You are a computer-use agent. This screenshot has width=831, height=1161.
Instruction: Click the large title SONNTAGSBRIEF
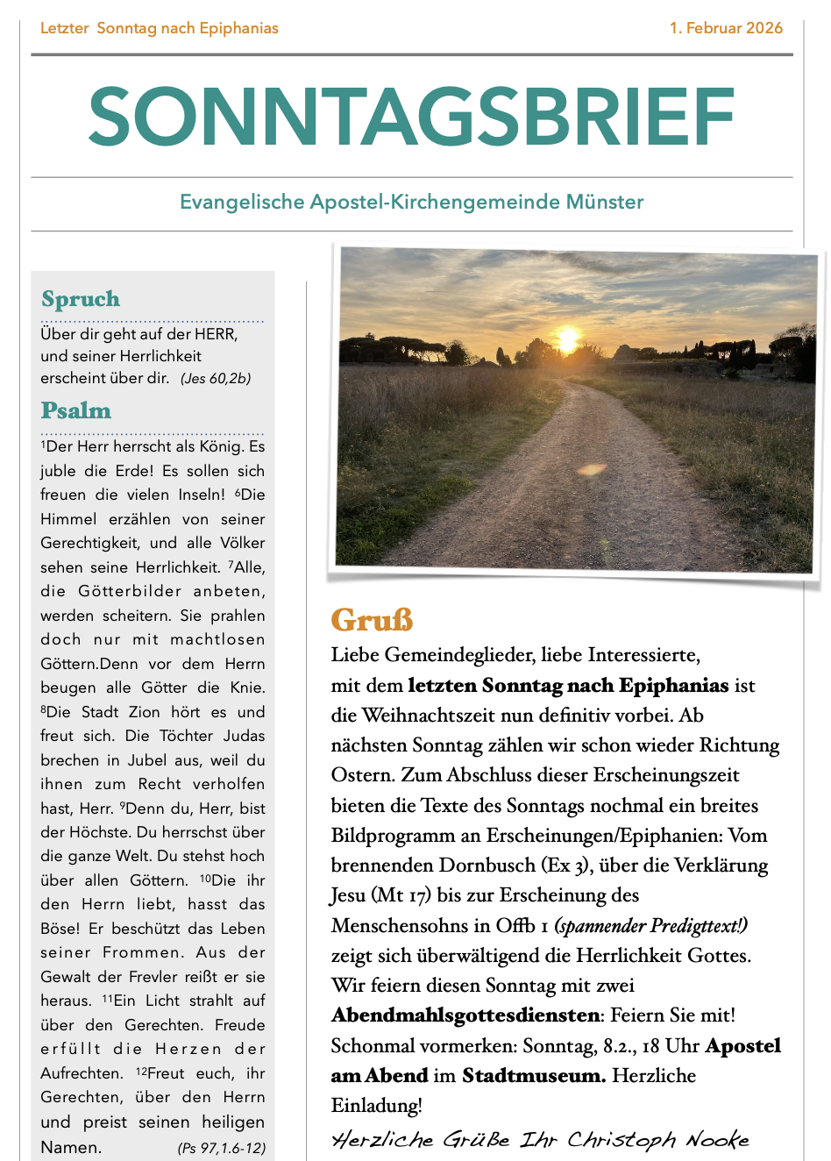coord(411,117)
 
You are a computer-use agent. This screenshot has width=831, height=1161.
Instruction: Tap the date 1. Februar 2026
coord(726,28)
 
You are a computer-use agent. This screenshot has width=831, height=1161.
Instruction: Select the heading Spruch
coord(81,299)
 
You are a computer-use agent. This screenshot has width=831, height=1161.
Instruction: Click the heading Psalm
coord(76,410)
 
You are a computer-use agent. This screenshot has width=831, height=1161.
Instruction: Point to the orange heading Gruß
coord(372,620)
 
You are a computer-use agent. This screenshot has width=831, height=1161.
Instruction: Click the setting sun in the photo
coord(568,338)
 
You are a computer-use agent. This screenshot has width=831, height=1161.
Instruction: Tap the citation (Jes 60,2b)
coord(216,379)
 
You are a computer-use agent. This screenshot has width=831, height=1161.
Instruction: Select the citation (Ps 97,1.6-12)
coord(221,1148)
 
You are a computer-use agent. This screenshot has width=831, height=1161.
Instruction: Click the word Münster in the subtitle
coord(605,203)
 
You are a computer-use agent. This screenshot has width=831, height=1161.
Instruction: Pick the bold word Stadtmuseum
coord(533,1076)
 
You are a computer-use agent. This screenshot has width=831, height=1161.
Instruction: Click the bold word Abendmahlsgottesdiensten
coord(465,1015)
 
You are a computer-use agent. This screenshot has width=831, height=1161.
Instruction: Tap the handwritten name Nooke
coord(718,1140)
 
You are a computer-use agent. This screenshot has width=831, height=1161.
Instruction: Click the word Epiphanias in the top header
coord(238,28)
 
